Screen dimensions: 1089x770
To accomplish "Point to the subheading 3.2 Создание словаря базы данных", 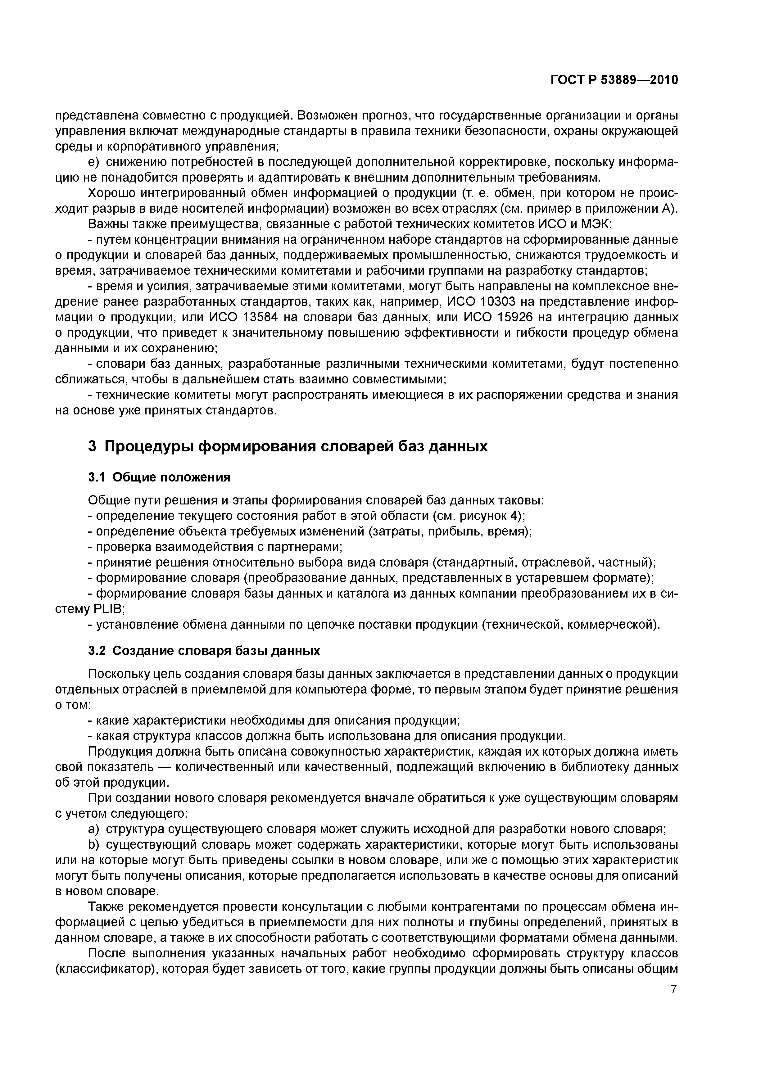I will (204, 651).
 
